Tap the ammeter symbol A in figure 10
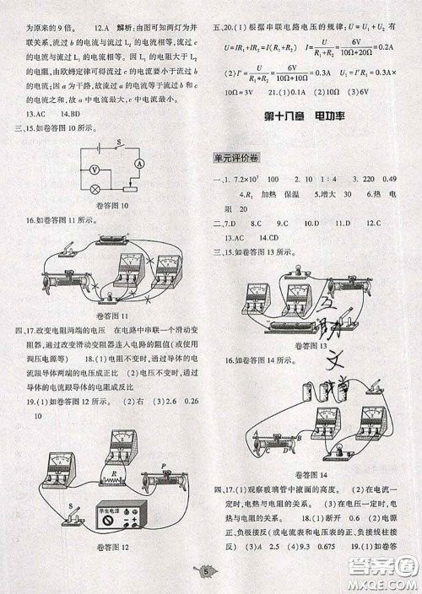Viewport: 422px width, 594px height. [140, 164]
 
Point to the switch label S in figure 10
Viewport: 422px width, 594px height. [119, 143]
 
